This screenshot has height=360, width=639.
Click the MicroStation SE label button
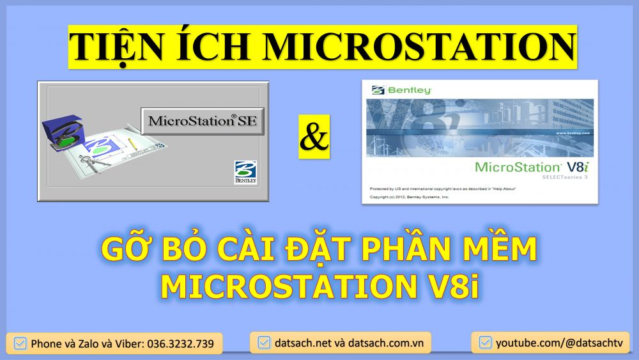(202, 120)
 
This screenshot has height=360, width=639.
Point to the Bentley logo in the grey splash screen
(245, 173)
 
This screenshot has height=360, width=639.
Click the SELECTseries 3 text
(564, 176)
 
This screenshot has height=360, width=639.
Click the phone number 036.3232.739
(180, 343)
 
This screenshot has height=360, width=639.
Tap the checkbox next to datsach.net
(263, 343)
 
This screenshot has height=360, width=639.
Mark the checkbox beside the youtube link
(485, 343)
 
